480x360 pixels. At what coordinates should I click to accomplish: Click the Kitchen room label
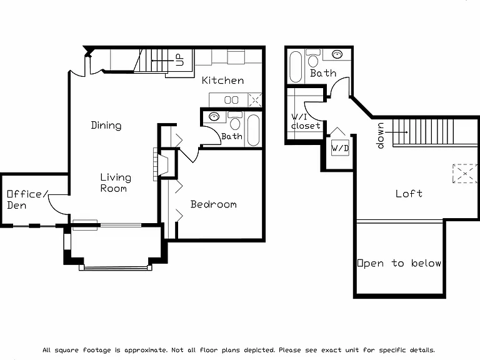tap(223, 81)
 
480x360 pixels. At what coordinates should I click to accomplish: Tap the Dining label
tap(106, 125)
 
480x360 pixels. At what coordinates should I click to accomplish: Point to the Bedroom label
tap(213, 204)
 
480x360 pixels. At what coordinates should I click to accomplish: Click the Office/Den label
tap(27, 199)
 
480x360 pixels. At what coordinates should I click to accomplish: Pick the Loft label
tap(409, 194)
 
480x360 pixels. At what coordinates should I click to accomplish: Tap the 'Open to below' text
tap(399, 263)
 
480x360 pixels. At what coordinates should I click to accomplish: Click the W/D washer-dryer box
tap(340, 148)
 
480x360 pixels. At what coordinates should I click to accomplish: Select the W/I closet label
tap(306, 121)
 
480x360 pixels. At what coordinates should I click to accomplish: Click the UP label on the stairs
tap(180, 60)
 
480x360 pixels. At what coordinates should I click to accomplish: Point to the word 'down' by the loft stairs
tap(381, 136)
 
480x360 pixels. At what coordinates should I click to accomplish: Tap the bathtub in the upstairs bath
tap(296, 67)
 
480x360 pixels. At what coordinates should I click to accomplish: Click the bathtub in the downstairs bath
tap(254, 130)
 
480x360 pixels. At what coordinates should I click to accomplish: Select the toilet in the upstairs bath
tap(313, 58)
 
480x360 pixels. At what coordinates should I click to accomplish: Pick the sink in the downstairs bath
tap(214, 116)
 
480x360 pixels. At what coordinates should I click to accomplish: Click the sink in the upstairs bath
tap(337, 54)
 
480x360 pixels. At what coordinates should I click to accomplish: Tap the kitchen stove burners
tap(231, 100)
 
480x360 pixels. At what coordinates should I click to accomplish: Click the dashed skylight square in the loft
tap(465, 174)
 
